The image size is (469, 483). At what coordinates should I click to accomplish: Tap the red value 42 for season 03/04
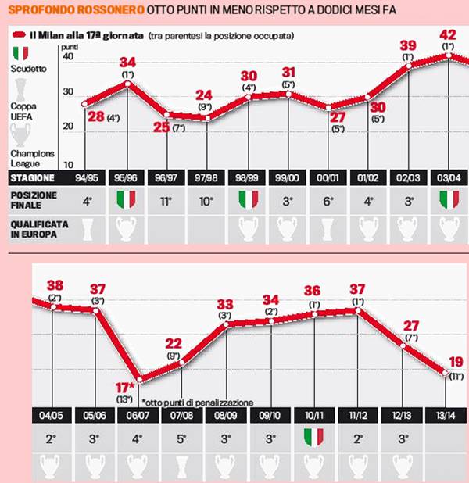448,35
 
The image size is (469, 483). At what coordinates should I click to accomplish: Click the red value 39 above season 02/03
407,45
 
